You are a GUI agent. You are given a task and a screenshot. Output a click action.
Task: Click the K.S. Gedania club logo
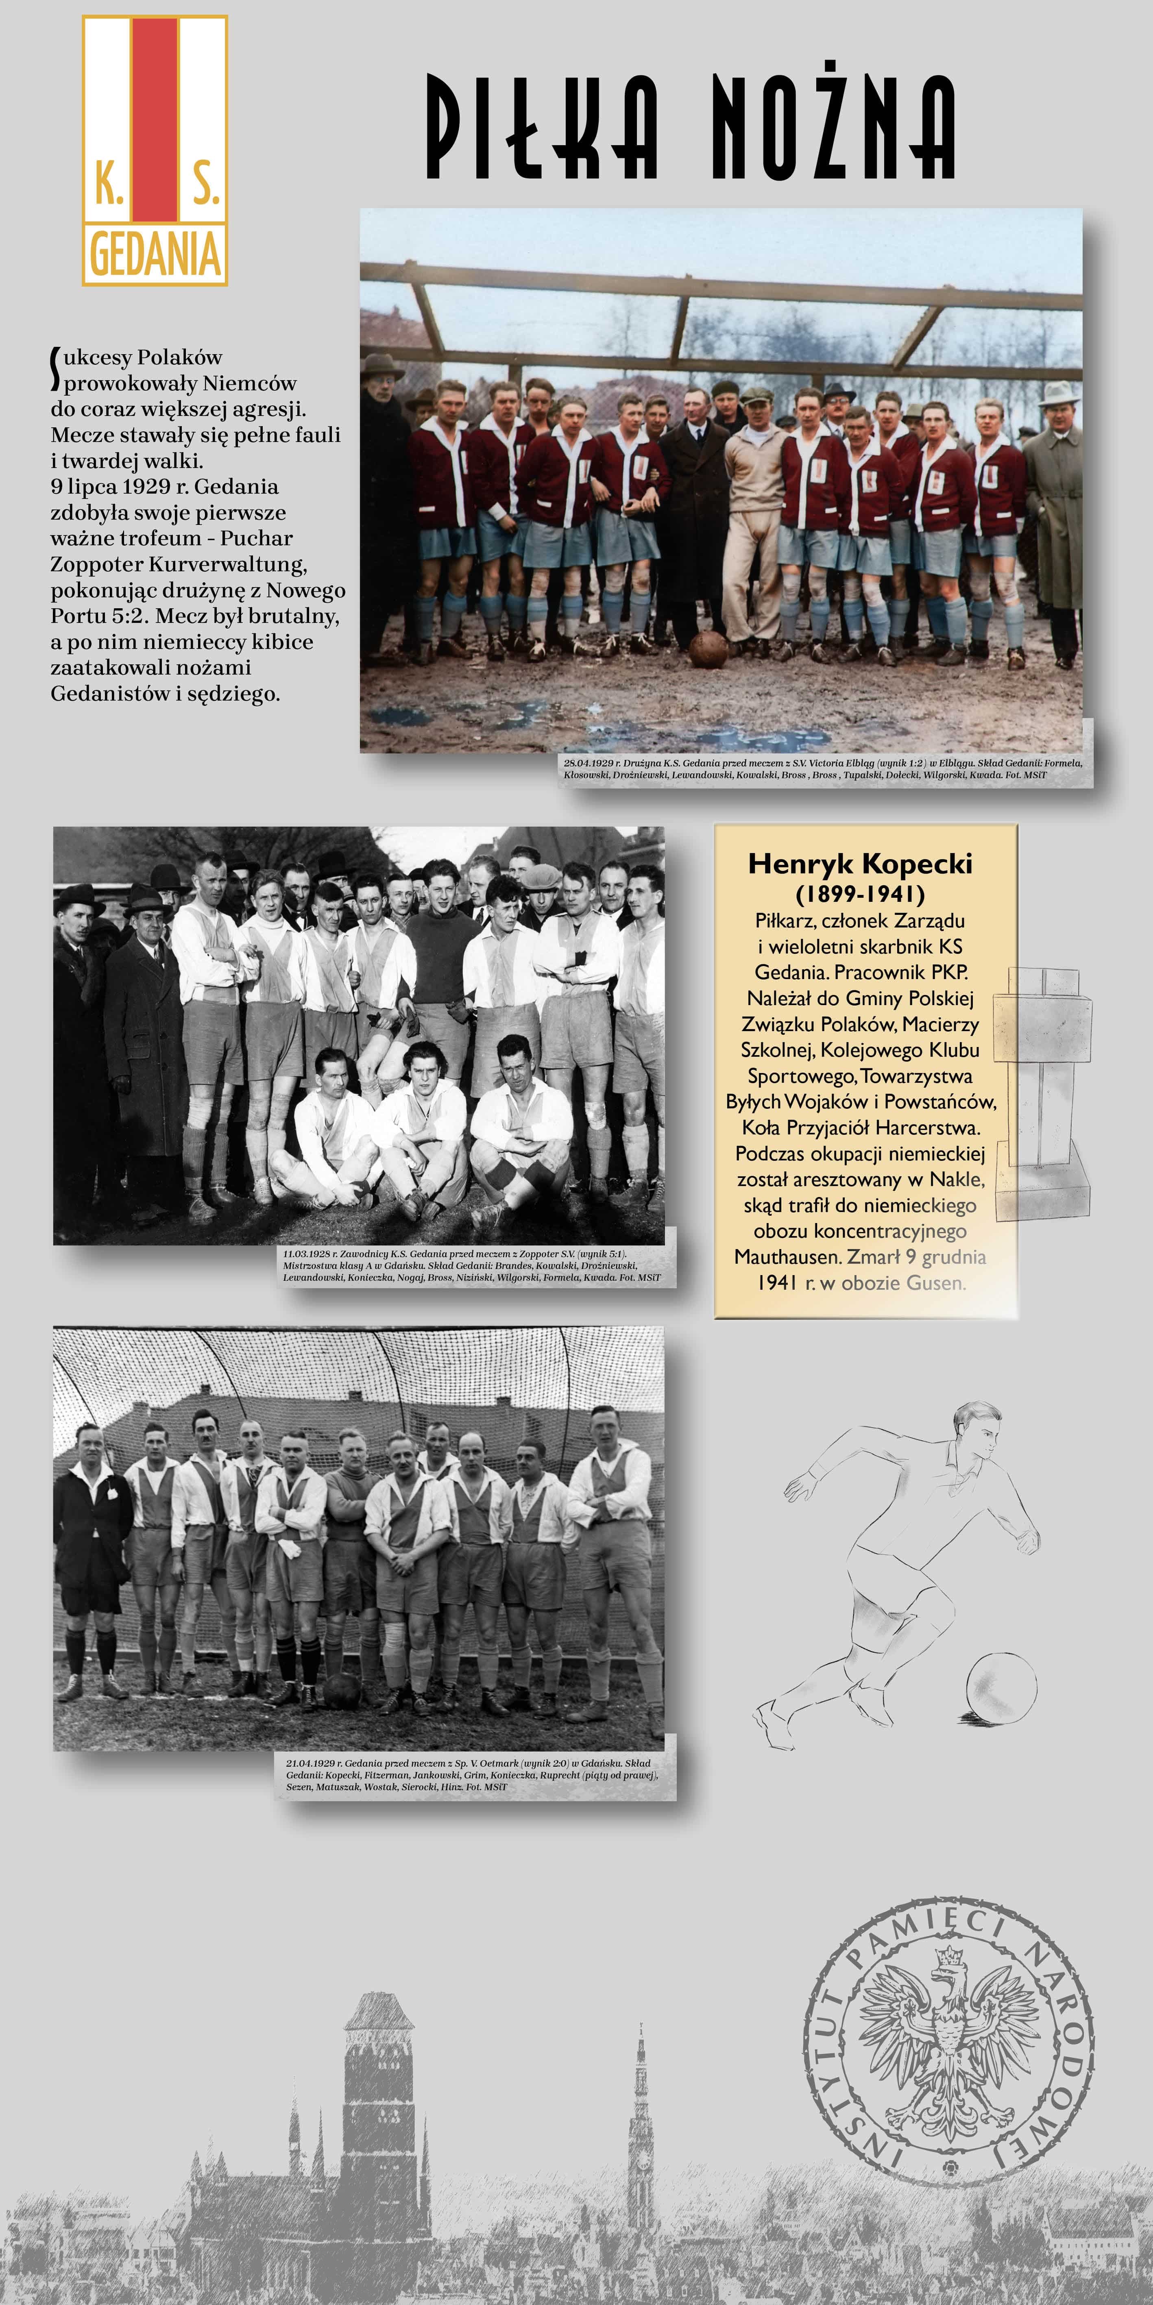point(155,150)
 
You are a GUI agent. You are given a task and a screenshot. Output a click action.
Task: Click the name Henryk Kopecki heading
point(859,864)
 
